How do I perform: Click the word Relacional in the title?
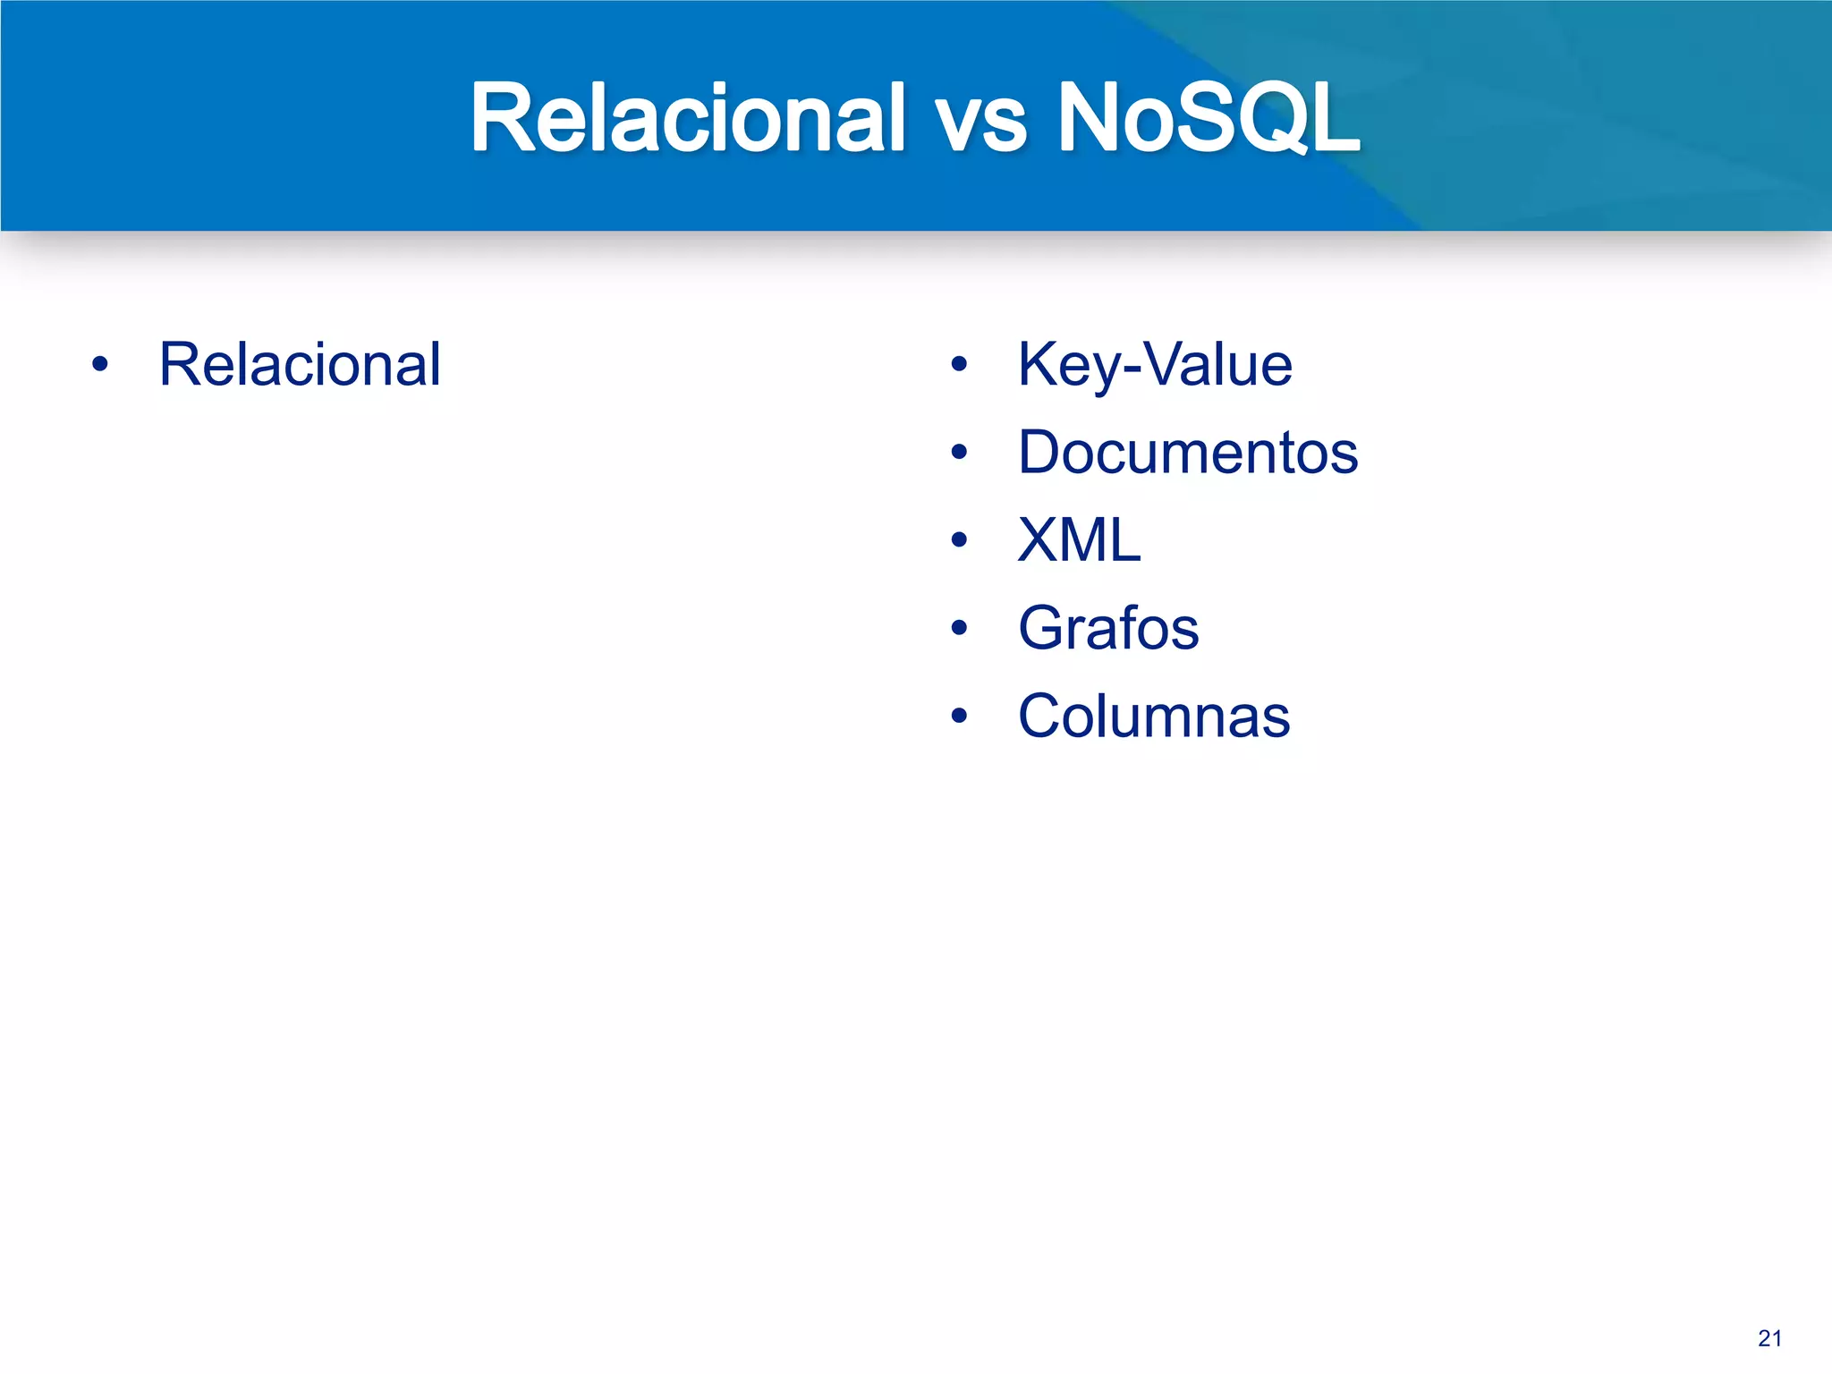[x=687, y=118]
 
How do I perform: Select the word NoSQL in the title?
[x=1208, y=118]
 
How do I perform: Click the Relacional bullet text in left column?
[x=300, y=365]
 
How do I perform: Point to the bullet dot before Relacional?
[x=100, y=365]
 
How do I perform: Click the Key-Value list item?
[x=1154, y=365]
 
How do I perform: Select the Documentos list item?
[x=1187, y=453]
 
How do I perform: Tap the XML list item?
[x=1079, y=540]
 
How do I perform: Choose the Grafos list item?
[x=1107, y=628]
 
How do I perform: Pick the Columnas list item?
[x=1153, y=716]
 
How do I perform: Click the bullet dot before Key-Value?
[x=960, y=365]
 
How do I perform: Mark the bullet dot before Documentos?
[x=960, y=453]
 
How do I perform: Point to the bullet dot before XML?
[x=960, y=540]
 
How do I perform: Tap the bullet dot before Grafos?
[x=960, y=628]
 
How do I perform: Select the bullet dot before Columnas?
[x=960, y=716]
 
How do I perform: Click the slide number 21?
[x=1769, y=1338]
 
